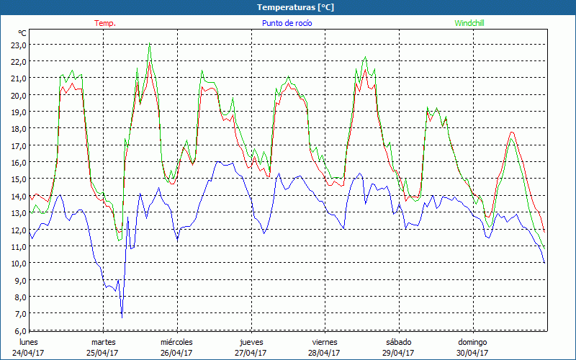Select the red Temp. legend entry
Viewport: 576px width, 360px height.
[x=105, y=23]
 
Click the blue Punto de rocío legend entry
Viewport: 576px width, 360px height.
[x=287, y=23]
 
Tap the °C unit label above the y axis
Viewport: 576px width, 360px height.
[x=22, y=33]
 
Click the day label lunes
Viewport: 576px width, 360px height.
[x=29, y=342]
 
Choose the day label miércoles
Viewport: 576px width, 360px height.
[x=176, y=342]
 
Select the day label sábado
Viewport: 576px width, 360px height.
[x=398, y=342]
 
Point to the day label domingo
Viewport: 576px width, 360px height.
[x=472, y=342]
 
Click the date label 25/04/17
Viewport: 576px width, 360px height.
[x=103, y=353]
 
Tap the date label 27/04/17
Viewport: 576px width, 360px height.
[x=251, y=353]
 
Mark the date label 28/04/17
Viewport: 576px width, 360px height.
[x=325, y=353]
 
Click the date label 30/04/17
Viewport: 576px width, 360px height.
[x=472, y=353]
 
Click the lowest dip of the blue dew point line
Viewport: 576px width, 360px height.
[x=122, y=317]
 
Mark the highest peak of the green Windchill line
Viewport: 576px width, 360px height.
[x=150, y=45]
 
